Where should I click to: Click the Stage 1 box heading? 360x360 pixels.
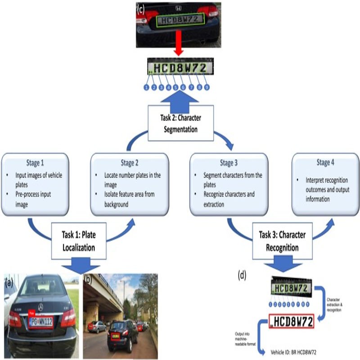pyautogui.click(x=36, y=162)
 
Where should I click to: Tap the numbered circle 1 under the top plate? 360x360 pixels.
pyautogui.click(x=147, y=87)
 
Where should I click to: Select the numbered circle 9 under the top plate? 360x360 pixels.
pyautogui.click(x=207, y=87)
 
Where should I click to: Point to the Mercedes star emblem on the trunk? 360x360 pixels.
pyautogui.click(x=40, y=307)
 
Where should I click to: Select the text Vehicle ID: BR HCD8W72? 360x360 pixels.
pyautogui.click(x=293, y=351)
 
